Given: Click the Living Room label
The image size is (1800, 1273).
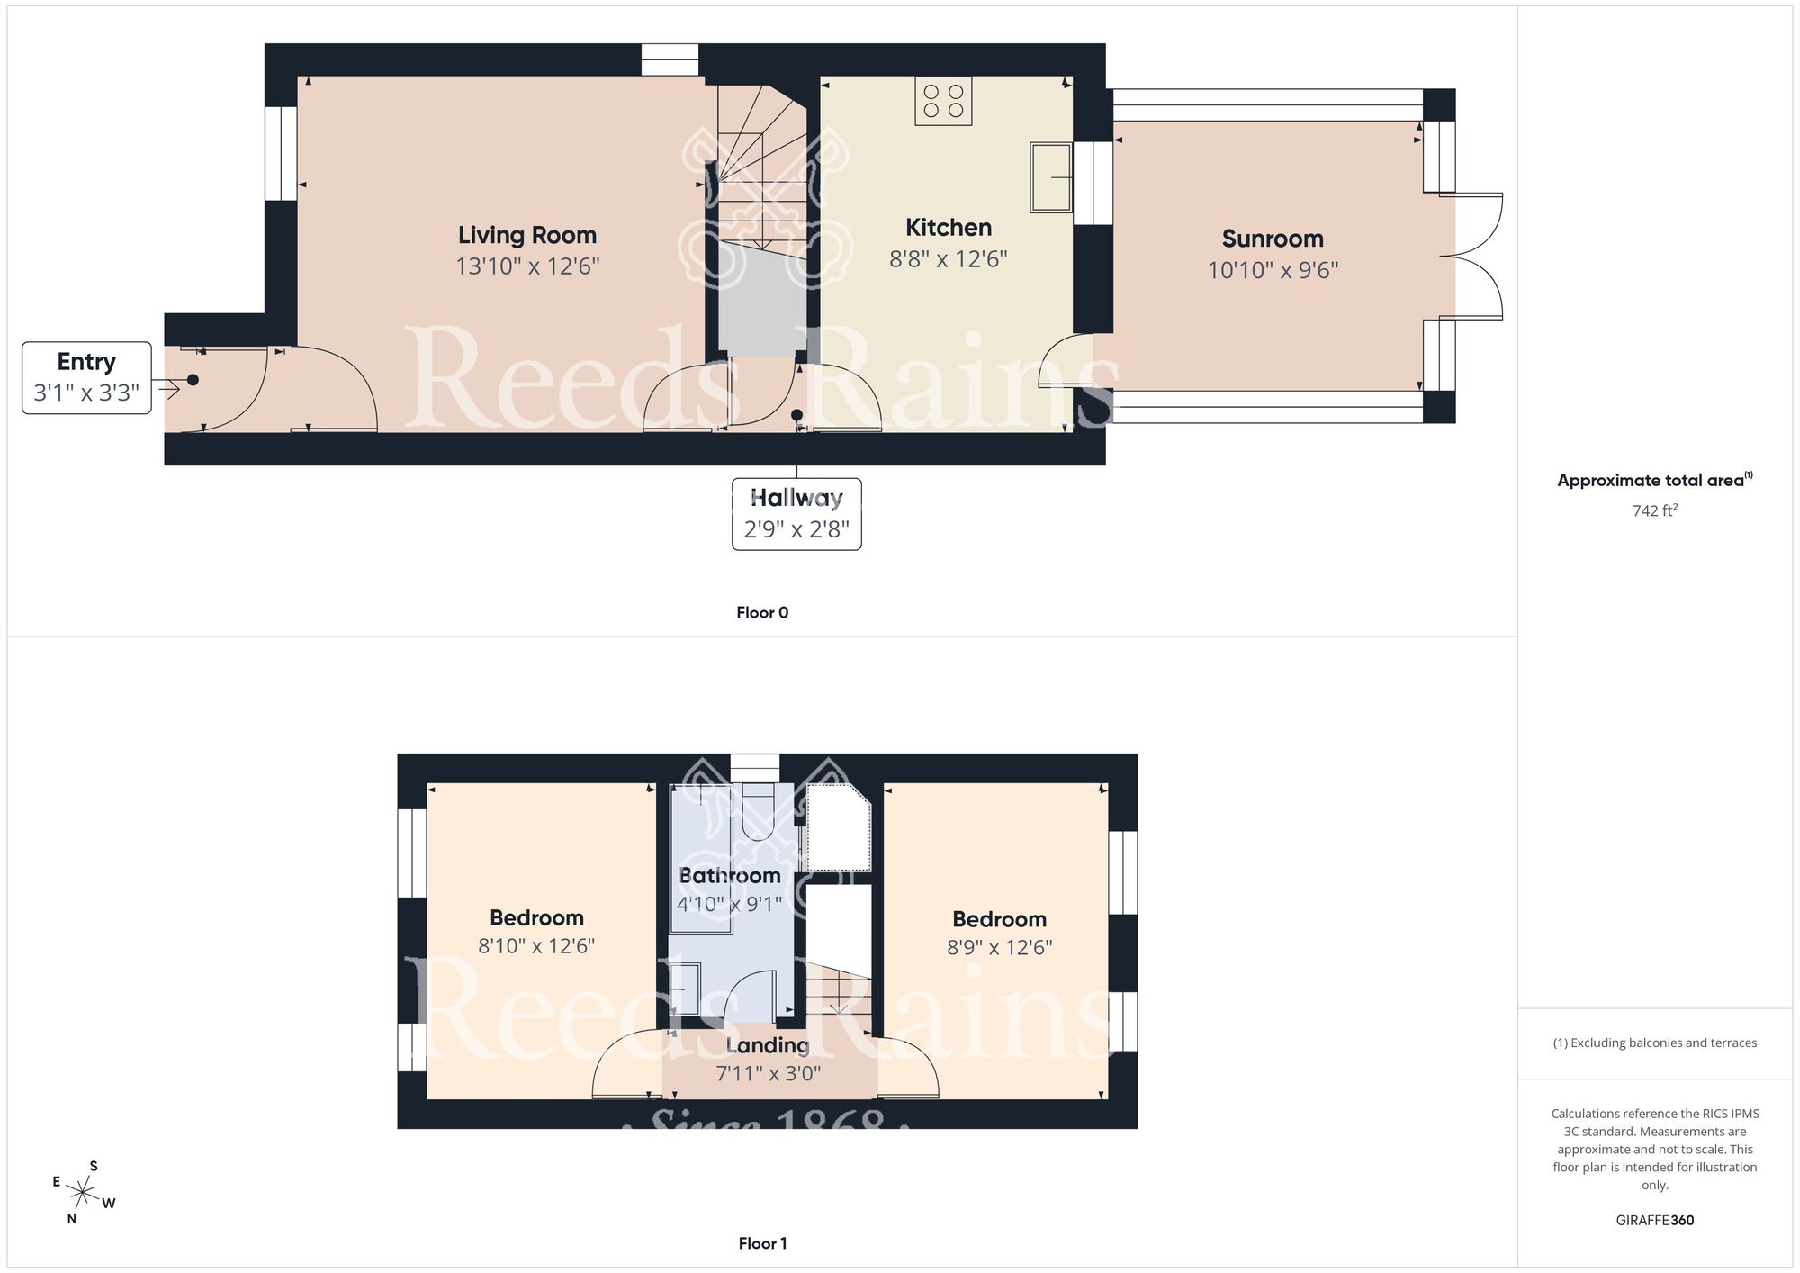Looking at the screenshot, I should [526, 235].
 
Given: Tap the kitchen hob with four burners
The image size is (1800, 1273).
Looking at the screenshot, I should [943, 101].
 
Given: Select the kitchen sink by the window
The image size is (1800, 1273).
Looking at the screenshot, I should [1051, 177].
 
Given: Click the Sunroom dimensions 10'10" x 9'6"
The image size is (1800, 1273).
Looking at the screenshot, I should [1273, 270].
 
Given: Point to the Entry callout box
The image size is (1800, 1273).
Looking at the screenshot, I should [86, 377].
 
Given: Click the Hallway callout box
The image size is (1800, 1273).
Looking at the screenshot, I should [796, 514].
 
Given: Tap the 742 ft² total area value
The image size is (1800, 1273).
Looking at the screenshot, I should [1654, 510].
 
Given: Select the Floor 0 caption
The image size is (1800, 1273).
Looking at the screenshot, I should [761, 612].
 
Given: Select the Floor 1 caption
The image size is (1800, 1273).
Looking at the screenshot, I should [761, 1243].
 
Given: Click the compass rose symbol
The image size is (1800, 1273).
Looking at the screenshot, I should [83, 1194].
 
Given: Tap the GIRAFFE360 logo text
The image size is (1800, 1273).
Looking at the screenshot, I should [1654, 1221].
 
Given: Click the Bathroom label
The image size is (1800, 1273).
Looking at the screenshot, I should [729, 875].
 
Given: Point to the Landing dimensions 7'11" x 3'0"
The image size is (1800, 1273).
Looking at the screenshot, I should [768, 1073].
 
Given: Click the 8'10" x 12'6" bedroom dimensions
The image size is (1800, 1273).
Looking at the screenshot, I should [535, 946].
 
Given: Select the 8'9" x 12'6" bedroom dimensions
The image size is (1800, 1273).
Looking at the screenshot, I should [999, 947].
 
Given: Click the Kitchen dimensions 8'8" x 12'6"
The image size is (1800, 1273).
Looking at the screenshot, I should [948, 259].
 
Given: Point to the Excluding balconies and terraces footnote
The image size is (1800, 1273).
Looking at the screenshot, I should [1654, 1043].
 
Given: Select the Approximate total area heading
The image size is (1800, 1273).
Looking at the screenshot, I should [1654, 480].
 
